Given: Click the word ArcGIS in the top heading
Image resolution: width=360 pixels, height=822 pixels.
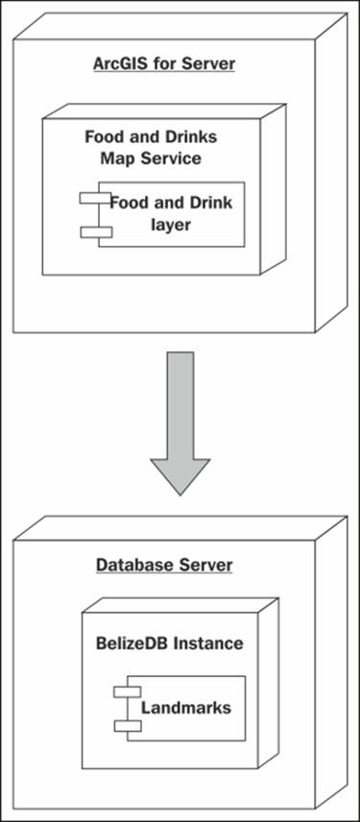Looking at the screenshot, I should [x=119, y=64].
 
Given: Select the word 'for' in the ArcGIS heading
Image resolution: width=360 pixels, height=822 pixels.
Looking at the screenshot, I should [x=163, y=64].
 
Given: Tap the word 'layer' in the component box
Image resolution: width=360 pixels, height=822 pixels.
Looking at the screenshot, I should [x=170, y=226].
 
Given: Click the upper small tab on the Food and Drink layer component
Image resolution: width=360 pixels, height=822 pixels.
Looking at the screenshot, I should [x=96, y=199].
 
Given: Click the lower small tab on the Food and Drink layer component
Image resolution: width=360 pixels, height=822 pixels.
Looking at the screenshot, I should [x=96, y=231].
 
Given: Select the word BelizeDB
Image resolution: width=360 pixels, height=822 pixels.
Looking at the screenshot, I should [x=130, y=642].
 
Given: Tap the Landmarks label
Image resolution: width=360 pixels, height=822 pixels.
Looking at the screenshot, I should [x=186, y=708].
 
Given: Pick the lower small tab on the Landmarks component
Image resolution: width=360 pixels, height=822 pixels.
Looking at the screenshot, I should [x=128, y=724].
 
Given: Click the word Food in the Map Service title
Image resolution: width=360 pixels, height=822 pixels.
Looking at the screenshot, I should [x=106, y=136].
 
